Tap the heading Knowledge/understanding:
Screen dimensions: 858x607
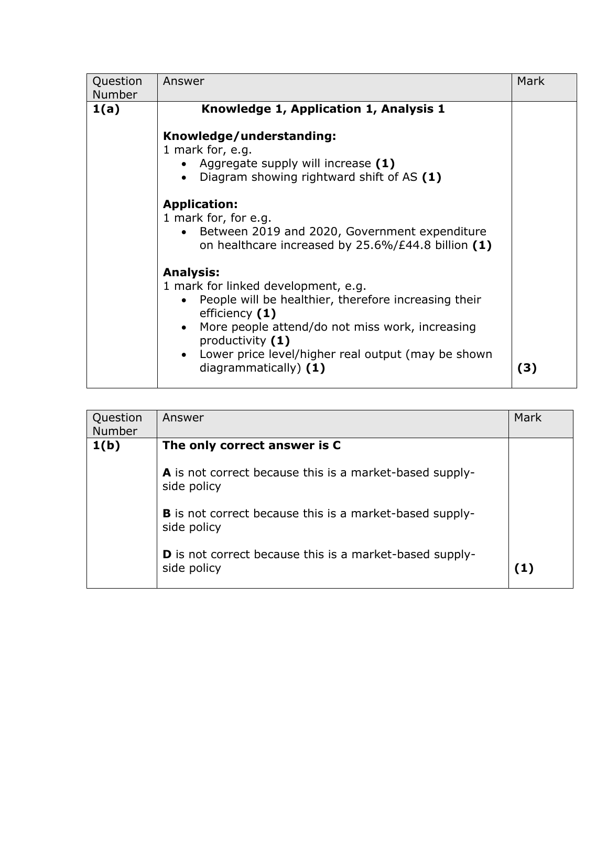point(250,136)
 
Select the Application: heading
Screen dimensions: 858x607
point(200,204)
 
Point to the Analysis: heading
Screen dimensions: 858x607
point(191,273)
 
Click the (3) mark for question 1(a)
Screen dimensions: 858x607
point(527,368)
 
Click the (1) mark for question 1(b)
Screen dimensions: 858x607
point(524,568)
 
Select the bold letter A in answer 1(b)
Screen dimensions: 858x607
point(167,473)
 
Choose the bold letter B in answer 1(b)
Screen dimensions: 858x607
point(167,514)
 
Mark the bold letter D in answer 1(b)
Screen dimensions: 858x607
point(167,555)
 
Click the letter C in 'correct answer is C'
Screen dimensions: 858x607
point(337,446)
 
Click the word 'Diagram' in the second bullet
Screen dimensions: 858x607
point(223,177)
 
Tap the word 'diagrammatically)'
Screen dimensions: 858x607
point(250,368)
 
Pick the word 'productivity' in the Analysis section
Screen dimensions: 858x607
point(233,341)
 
